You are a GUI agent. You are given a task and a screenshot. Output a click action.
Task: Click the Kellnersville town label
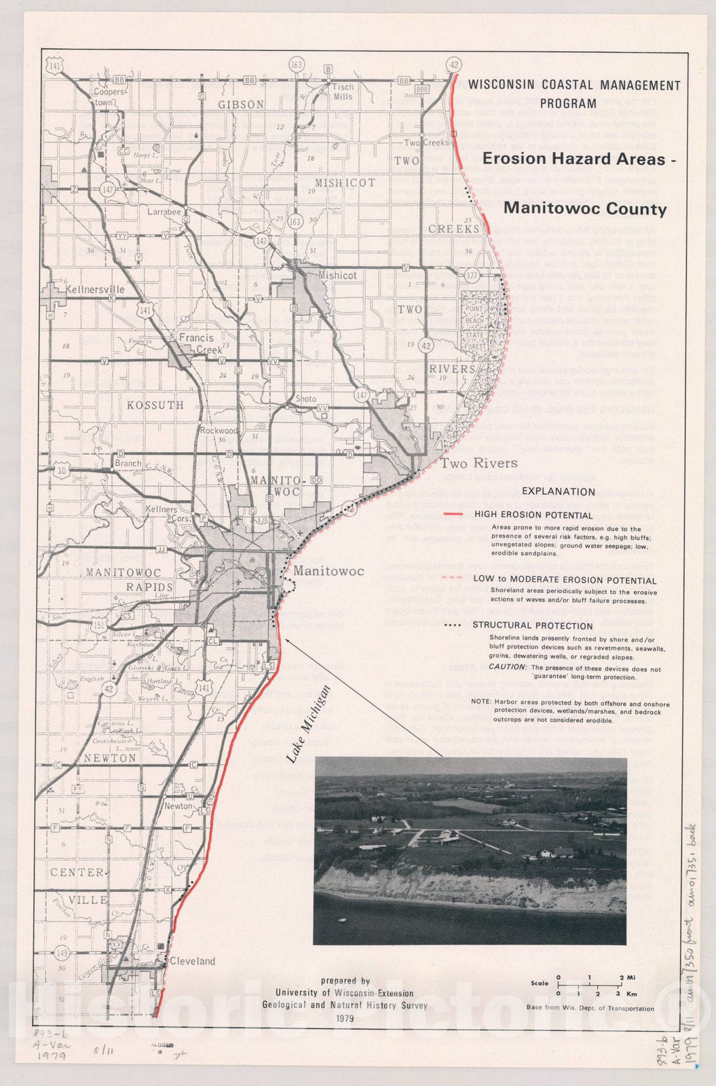[x=94, y=290]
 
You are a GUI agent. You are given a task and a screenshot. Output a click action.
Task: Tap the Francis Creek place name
[x=196, y=343]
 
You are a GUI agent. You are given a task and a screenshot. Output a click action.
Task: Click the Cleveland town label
[x=192, y=961]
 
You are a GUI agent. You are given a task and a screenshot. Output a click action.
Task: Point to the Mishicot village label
[x=337, y=276]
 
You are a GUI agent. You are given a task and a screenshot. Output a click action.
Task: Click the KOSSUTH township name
[x=155, y=405]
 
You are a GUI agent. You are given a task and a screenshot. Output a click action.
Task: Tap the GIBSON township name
[x=241, y=105]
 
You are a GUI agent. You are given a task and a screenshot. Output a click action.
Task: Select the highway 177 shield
[x=472, y=275]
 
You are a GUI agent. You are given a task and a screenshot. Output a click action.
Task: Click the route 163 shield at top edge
[x=296, y=64]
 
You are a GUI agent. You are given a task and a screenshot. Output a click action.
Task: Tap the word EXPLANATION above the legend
[x=558, y=491]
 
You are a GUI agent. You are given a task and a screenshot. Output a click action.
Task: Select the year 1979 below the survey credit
[x=345, y=1018]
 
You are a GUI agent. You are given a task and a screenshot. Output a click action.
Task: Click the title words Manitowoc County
[x=585, y=208]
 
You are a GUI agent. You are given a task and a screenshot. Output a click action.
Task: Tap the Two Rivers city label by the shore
[x=478, y=464]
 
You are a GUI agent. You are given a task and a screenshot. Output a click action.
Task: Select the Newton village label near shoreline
[x=178, y=806]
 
